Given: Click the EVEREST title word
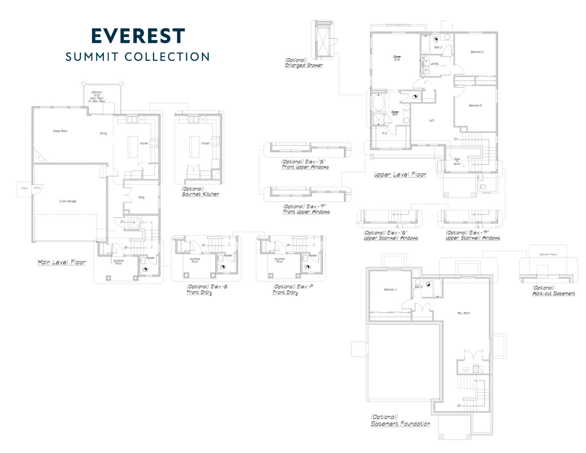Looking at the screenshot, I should [138, 35].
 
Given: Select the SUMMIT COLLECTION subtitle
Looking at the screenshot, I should [137, 57].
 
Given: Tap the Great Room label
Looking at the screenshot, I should [60, 131].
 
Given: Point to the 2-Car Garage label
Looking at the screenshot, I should [68, 201].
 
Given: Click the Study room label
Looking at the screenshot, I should [141, 197].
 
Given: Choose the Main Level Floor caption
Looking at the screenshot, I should [61, 262].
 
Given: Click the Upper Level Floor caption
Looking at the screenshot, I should [400, 175].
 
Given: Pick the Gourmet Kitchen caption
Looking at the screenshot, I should [200, 192].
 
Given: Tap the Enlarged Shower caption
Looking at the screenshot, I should [304, 63].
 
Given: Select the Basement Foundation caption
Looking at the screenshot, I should [400, 421].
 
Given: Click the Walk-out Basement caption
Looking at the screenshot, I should [554, 291].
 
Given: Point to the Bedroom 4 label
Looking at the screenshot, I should [390, 290].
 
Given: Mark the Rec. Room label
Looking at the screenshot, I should [464, 313].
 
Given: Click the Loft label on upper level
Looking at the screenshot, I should [431, 120].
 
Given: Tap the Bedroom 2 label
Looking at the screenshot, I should [477, 52].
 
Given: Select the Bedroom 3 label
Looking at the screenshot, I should [475, 105].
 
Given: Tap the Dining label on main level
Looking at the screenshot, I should [103, 133].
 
